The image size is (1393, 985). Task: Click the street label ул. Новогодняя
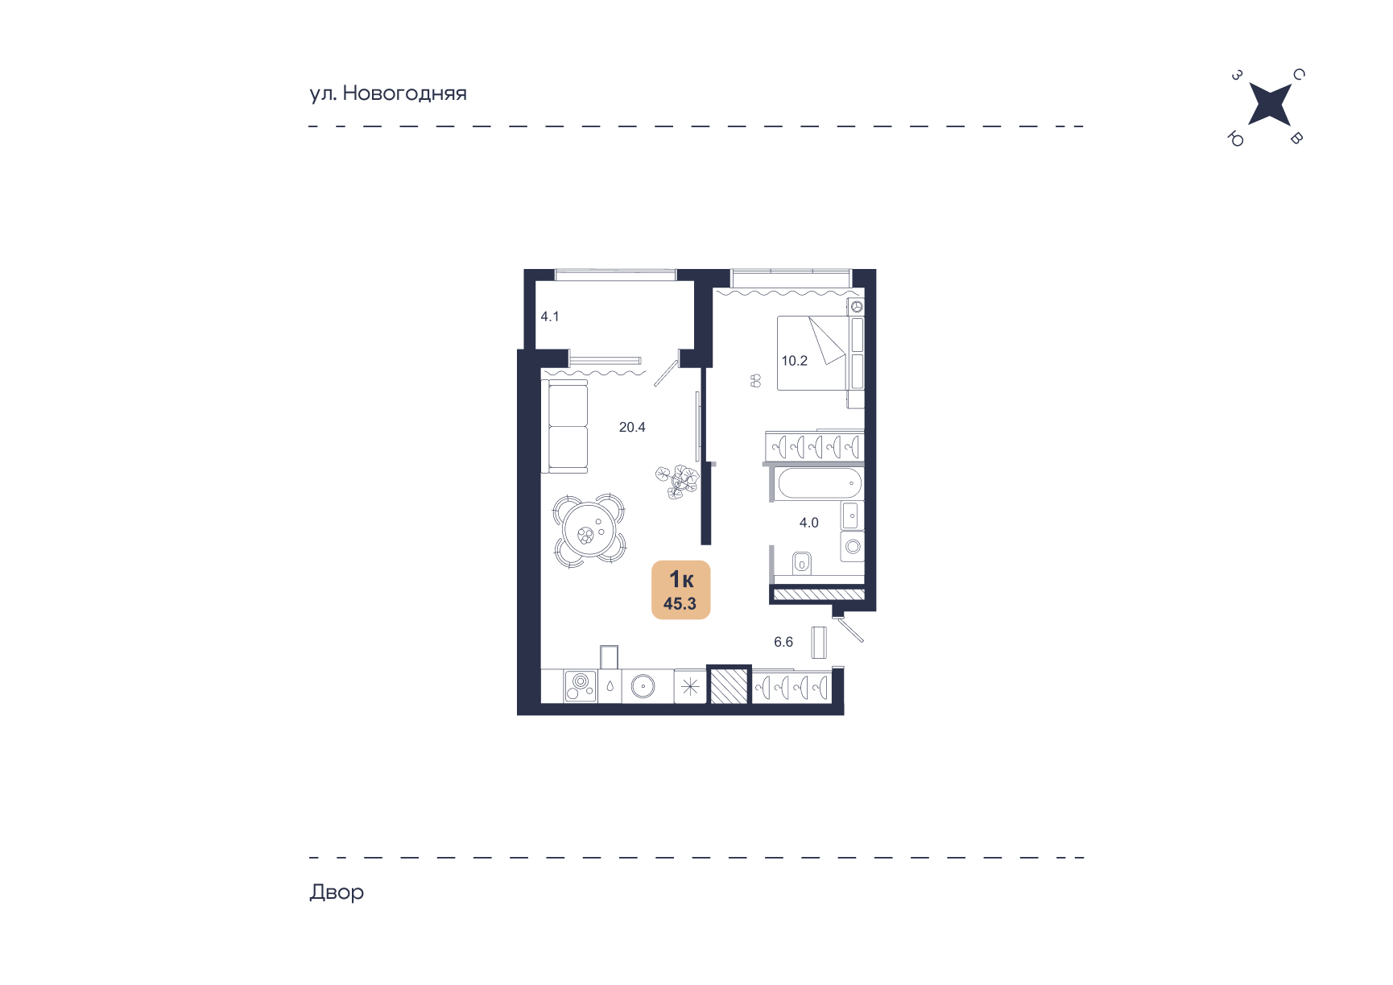coord(388,93)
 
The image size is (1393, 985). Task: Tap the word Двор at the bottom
coord(337,892)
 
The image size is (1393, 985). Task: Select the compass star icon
coord(1269,105)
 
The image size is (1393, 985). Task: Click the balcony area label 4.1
coord(550,317)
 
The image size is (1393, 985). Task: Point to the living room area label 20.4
coord(632,428)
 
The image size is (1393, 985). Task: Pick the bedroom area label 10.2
coord(794,361)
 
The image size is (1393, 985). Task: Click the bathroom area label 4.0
coord(808,523)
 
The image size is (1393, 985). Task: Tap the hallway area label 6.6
coord(783,642)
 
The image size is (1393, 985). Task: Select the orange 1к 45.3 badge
coord(680,590)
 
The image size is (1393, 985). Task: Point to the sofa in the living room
coord(568,427)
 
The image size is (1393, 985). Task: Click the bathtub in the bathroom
coord(820,484)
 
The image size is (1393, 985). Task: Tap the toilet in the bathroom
coord(802,561)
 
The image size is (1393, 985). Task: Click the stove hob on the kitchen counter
coord(581,686)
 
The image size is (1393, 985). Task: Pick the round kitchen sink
coord(643,687)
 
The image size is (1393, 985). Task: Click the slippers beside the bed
coord(755,380)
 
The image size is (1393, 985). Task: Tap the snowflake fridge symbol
coord(690,687)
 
